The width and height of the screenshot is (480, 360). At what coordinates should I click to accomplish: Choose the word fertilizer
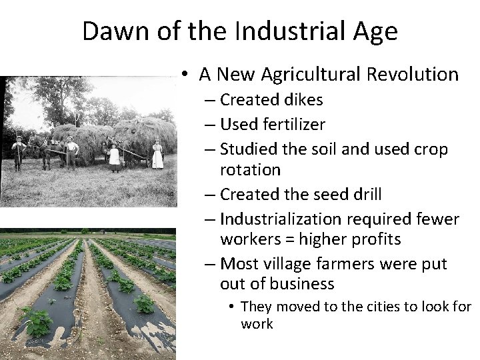click(x=292, y=124)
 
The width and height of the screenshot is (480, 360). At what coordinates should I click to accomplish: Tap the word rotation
click(x=251, y=169)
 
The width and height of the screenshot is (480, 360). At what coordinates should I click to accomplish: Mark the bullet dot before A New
click(x=183, y=75)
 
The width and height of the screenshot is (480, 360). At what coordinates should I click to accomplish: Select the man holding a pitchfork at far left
click(x=18, y=152)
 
